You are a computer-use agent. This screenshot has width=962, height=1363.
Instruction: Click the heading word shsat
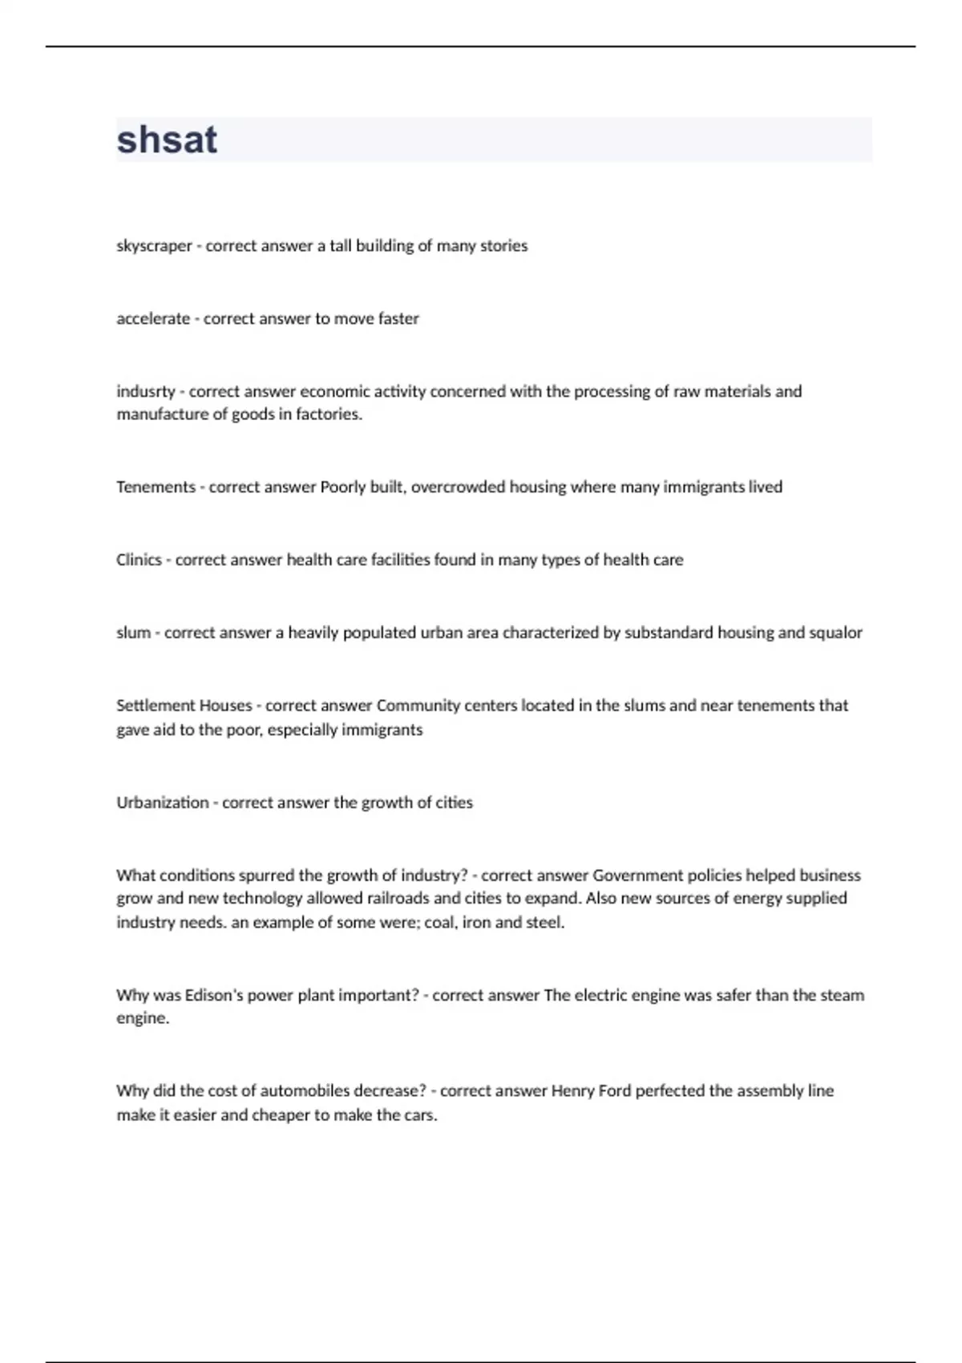click(167, 140)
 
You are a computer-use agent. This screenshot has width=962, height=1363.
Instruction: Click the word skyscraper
click(154, 246)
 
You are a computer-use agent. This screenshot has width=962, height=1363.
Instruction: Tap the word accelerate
click(153, 319)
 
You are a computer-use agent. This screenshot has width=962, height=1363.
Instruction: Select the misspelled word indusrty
click(145, 392)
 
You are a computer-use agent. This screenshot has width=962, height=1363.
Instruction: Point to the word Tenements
click(156, 487)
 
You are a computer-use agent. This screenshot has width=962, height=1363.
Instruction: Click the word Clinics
click(139, 560)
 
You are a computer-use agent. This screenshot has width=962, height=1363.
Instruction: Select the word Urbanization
click(162, 803)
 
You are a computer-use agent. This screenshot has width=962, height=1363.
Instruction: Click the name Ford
click(615, 1091)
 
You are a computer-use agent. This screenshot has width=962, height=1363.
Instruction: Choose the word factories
click(329, 415)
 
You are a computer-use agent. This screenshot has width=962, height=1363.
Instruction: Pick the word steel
click(545, 923)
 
